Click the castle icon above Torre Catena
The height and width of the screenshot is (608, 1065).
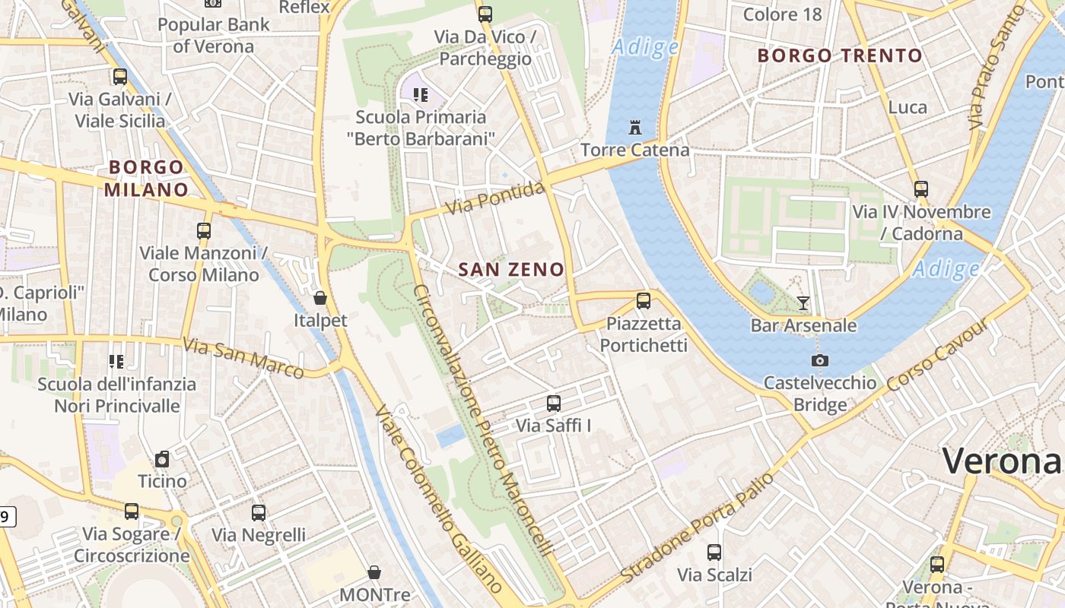(635, 128)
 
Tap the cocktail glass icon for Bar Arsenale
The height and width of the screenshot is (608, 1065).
(803, 303)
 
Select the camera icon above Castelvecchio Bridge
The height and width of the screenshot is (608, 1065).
(820, 360)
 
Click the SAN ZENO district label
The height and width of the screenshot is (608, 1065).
(511, 269)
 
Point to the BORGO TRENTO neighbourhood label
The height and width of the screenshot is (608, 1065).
(840, 55)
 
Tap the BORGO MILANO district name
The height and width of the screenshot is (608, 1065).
(146, 178)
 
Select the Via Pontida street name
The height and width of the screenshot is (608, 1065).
(496, 198)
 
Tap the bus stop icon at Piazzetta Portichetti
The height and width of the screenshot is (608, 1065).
(644, 300)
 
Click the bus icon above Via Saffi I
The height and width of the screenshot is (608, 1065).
(554, 404)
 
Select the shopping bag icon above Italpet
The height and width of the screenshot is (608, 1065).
(320, 298)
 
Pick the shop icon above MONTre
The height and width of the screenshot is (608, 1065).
(374, 572)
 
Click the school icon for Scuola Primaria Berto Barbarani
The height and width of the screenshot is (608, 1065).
(421, 95)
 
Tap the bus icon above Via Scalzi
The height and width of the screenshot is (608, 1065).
(714, 553)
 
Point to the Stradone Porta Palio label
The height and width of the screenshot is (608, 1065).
(698, 528)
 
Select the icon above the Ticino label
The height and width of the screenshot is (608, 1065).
(162, 459)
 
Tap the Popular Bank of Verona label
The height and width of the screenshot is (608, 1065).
(213, 35)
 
